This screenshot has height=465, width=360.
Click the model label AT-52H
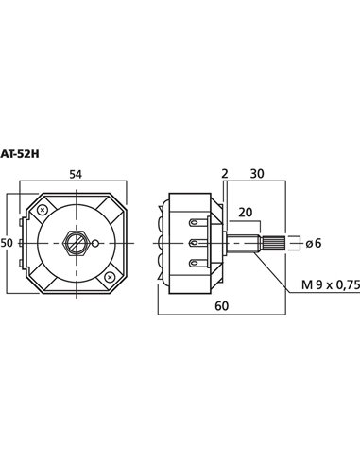(20, 154)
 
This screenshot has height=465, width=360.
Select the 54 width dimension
(76, 174)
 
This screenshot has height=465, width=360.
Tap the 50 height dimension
(7, 243)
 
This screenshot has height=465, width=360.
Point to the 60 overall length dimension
(222, 305)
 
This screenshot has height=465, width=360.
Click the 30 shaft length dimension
(257, 174)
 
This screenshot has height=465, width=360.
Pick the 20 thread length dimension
(245, 213)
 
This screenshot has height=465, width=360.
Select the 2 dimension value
(225, 174)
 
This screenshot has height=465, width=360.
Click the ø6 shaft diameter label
(313, 243)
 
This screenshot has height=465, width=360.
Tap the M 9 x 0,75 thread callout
(331, 284)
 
